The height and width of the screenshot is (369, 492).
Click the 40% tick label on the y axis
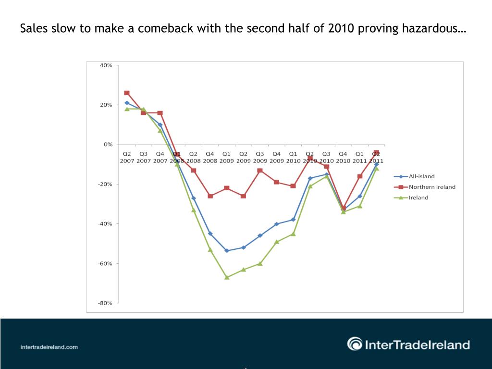[106, 65]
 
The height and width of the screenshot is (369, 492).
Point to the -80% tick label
[105, 303]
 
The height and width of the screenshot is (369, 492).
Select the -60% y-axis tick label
[105, 263]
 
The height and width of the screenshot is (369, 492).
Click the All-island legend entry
[421, 176]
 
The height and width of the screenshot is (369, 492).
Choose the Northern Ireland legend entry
[432, 187]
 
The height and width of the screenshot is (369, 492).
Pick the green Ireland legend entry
[418, 197]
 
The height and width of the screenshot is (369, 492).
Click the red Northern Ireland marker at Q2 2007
[127, 93]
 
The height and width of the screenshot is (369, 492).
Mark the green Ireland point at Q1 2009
[227, 277]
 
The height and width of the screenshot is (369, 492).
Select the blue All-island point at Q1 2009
[227, 251]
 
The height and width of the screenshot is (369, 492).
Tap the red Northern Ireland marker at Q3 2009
[260, 171]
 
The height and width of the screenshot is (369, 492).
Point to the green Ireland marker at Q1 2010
[293, 234]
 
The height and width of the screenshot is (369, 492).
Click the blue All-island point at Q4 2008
[210, 234]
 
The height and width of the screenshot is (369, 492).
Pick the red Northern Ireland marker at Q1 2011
[359, 176]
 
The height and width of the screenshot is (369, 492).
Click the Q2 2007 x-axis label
[127, 157]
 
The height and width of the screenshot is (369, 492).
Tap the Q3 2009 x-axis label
[260, 157]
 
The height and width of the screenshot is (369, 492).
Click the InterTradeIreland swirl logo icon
[355, 344]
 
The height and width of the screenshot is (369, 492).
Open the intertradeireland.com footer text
[49, 347]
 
